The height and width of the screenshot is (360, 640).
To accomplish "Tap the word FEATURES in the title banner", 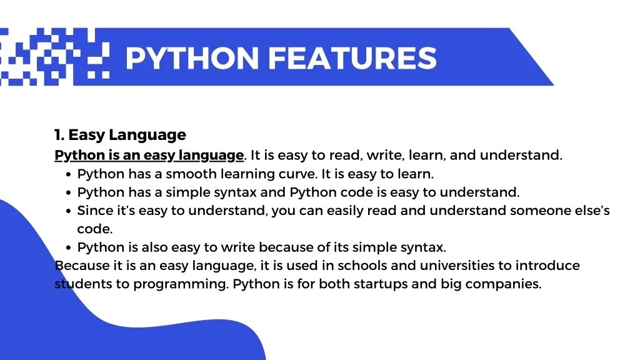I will (352, 58).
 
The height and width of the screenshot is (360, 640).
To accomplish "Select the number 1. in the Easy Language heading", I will (59, 135).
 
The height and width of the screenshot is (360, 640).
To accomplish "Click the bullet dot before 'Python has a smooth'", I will (68, 174).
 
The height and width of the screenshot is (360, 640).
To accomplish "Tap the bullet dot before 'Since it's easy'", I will (68, 211).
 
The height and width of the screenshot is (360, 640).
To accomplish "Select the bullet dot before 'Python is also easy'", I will (68, 247).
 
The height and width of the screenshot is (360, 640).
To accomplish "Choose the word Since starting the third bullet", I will (92, 211).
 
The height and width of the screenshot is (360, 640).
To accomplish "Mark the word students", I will (78, 284).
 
